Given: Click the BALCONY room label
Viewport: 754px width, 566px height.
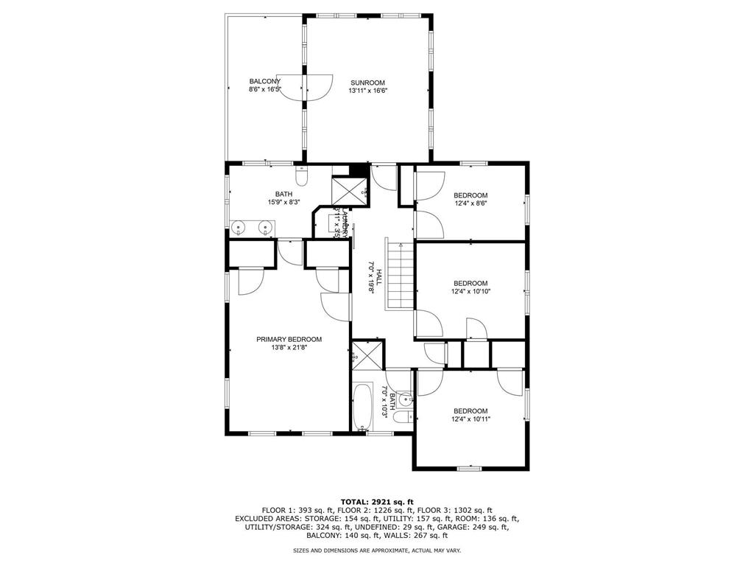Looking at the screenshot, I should (x=264, y=81).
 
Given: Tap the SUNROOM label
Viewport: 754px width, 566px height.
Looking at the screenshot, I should (x=367, y=83).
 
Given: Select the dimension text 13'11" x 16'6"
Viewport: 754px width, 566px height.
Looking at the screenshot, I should (x=367, y=91).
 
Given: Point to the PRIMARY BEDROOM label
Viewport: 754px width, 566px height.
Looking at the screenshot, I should (x=289, y=339).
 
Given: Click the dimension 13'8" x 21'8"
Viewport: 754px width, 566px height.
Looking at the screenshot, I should (x=289, y=348).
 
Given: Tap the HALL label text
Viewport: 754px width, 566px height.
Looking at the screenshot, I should (x=378, y=277).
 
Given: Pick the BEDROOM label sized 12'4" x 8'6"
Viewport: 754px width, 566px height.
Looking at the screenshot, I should (x=471, y=195).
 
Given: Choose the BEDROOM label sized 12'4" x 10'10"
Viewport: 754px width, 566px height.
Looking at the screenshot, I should (x=471, y=283).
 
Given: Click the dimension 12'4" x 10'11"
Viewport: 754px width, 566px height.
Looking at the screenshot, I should (x=471, y=419).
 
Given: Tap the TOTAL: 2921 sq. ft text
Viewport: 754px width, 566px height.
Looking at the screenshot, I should (x=377, y=501).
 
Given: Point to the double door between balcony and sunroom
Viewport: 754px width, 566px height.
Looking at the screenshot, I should (x=305, y=87).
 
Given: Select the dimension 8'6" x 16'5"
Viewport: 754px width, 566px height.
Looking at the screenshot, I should (x=264, y=90).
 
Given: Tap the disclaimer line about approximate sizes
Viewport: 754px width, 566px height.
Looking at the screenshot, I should (x=377, y=551).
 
